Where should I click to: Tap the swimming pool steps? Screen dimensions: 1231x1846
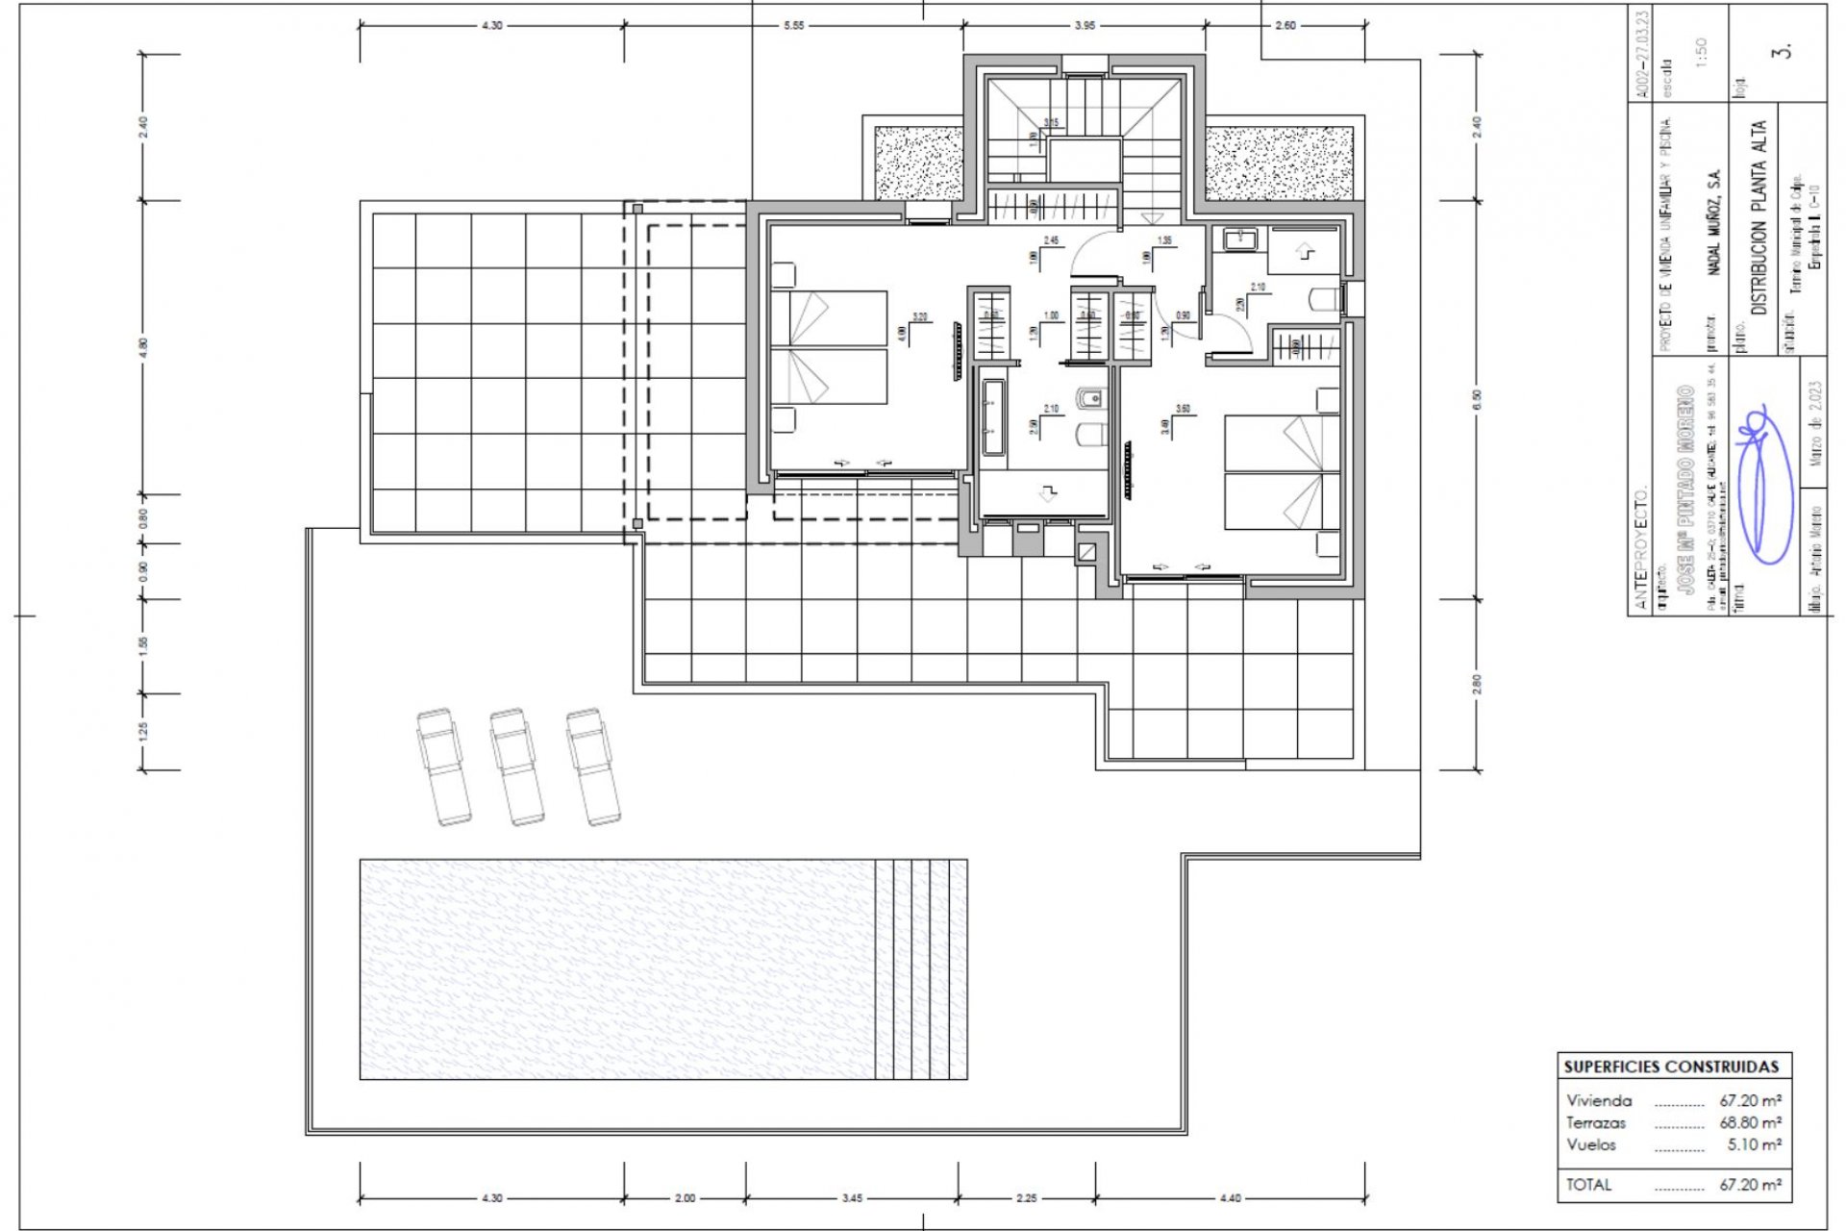921,969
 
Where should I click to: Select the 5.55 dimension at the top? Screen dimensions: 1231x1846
792,26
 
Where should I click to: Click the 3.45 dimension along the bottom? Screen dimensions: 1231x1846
852,1198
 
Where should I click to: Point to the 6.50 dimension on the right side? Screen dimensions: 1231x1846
1477,399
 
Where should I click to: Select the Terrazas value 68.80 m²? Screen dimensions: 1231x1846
1750,1122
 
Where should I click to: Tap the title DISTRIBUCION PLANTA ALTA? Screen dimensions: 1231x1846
1759,218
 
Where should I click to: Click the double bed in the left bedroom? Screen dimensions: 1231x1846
829,347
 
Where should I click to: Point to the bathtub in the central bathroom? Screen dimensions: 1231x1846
992,417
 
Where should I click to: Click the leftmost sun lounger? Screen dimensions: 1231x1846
443,767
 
